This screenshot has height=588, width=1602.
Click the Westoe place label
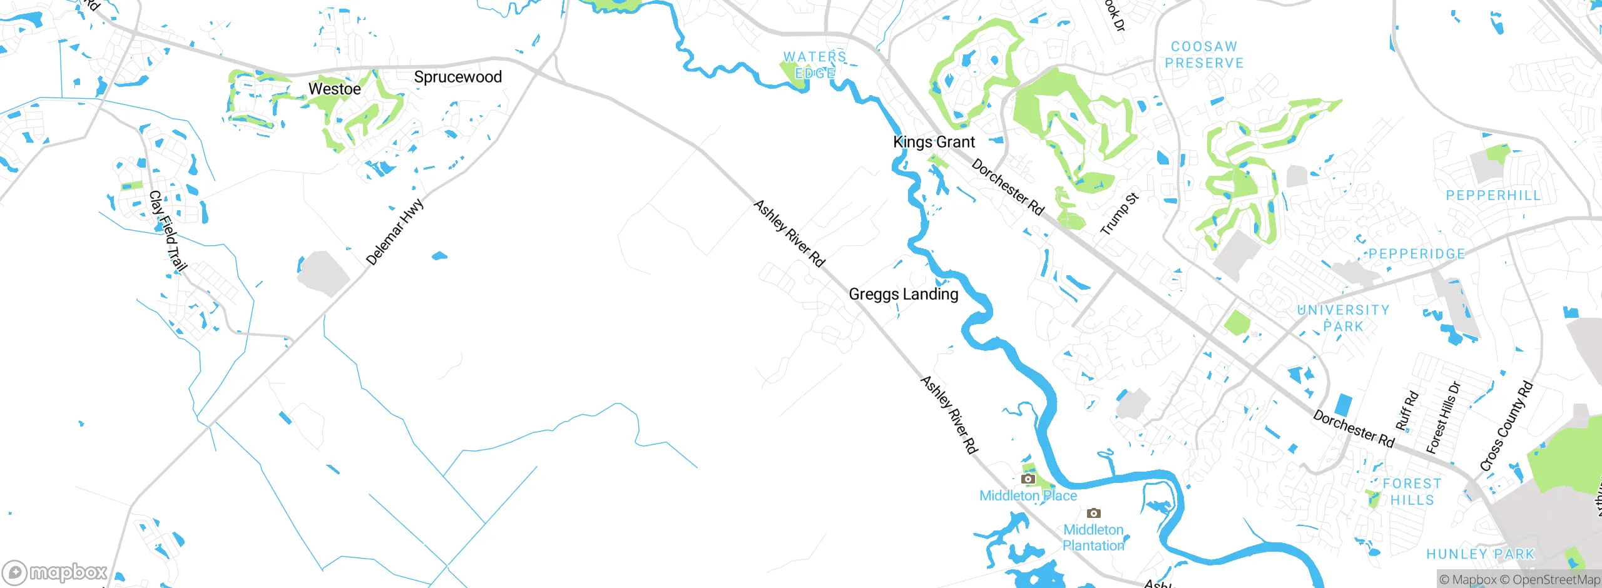334,89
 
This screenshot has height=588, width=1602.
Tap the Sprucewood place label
457,77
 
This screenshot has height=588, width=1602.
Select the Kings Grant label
934,142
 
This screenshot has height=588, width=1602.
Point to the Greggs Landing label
903,294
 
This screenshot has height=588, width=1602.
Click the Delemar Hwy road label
394,232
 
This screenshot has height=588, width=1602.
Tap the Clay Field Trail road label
168,232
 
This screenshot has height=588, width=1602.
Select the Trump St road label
1120,215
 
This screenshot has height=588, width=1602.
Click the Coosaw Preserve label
1204,55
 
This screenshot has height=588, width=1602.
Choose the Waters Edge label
815,65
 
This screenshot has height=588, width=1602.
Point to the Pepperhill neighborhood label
1493,196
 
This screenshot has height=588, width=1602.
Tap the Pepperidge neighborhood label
1417,254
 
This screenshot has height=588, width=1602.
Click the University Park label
1344,318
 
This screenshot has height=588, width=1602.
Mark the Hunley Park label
1481,554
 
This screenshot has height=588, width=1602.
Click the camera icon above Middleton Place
1028,479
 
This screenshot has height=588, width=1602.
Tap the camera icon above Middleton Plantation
1093,514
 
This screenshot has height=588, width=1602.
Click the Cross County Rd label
1506,426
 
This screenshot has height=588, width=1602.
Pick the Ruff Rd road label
1407,411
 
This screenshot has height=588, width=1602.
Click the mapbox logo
55,572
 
